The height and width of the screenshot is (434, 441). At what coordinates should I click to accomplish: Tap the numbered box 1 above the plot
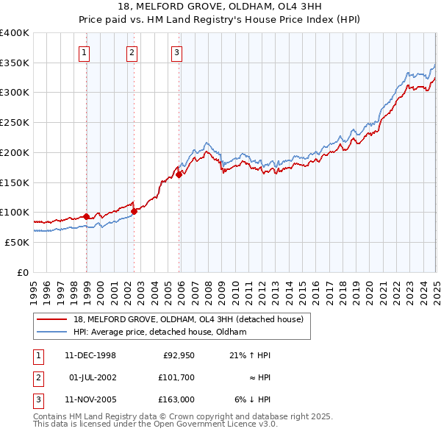85,52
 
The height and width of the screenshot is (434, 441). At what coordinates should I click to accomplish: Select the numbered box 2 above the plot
131,52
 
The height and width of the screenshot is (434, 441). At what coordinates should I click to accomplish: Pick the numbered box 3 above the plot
177,52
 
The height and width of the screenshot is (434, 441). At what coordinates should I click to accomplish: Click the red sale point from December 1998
87,216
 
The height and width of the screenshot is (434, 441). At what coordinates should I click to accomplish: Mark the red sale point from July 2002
134,211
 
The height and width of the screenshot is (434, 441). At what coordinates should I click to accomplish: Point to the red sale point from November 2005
179,174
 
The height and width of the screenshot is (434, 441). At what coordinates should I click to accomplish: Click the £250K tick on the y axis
15,123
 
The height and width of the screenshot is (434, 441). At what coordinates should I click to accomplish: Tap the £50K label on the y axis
18,242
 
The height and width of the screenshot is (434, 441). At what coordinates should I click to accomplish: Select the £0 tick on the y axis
24,272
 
